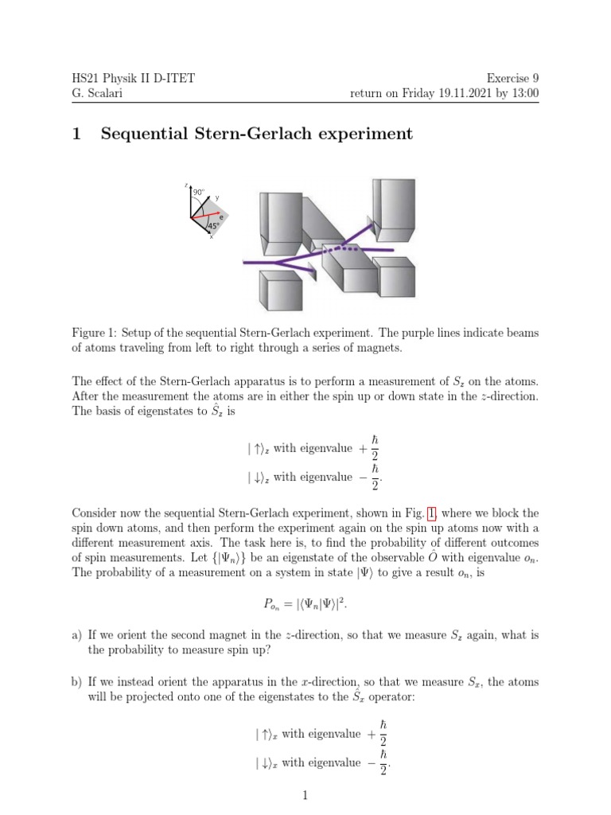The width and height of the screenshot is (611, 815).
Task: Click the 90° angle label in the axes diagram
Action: pyautogui.click(x=198, y=193)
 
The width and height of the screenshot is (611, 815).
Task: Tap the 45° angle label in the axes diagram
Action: pyautogui.click(x=212, y=226)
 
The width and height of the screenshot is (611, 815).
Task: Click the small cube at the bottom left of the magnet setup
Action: pyautogui.click(x=283, y=290)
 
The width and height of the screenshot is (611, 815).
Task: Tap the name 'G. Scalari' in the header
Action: pyautogui.click(x=98, y=93)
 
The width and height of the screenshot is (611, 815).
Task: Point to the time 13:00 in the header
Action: pyautogui.click(x=523, y=93)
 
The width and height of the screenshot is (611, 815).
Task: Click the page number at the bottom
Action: pyautogui.click(x=305, y=795)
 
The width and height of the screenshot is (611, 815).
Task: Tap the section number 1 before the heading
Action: pyautogui.click(x=76, y=134)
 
